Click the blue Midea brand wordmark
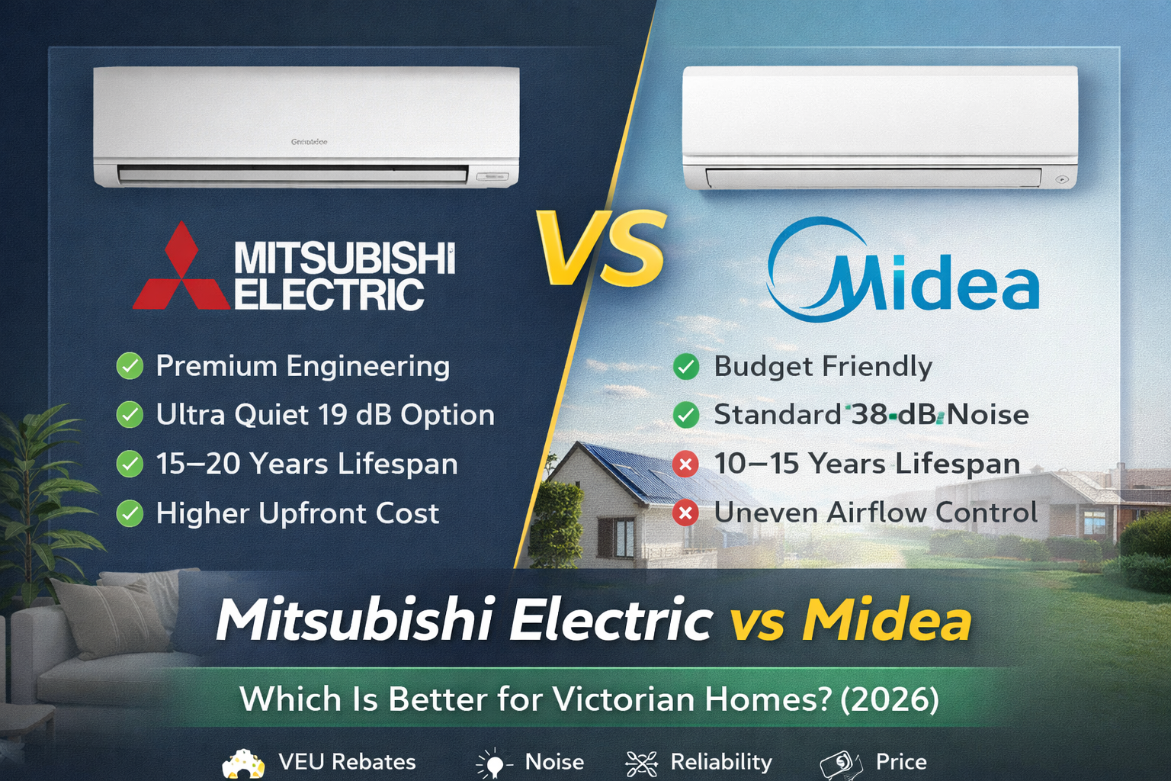(x=903, y=269)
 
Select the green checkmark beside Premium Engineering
(x=130, y=365)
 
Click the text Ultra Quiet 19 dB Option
(x=326, y=415)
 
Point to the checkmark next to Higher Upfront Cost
(x=130, y=513)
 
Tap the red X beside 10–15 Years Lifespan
(x=685, y=464)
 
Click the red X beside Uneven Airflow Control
(x=685, y=513)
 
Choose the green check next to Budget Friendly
(x=686, y=366)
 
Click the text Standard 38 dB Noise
(x=871, y=415)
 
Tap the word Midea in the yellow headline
(x=887, y=620)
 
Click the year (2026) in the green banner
(x=890, y=699)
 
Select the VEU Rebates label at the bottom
(x=347, y=762)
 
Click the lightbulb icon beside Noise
(x=494, y=763)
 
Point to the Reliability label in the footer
(x=721, y=762)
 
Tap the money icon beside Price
(x=841, y=763)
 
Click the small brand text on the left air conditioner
(x=309, y=142)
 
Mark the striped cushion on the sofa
(x=111, y=618)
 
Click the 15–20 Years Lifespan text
(x=307, y=464)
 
